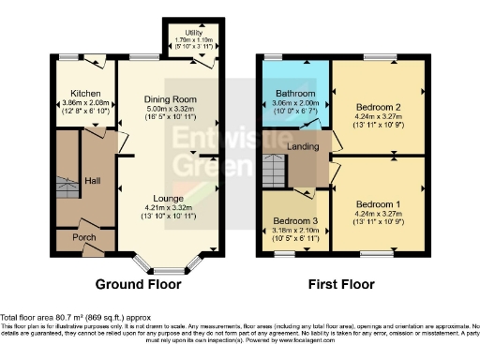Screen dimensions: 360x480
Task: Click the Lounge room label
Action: tap(168, 198)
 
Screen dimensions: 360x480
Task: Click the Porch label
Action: tap(84, 237)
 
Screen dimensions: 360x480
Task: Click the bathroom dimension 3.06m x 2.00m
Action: tap(292, 103)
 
